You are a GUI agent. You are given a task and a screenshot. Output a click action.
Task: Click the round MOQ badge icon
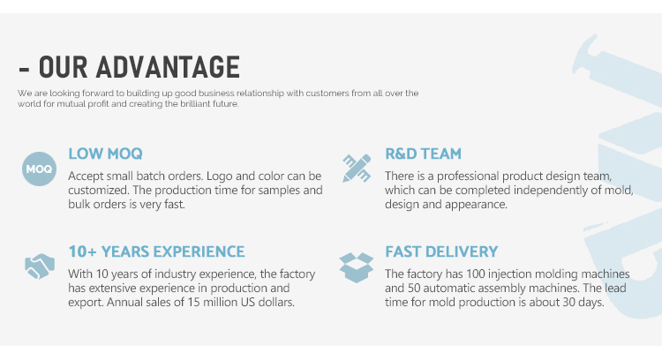click(39, 169)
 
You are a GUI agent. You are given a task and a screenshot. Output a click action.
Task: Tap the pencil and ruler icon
click(357, 168)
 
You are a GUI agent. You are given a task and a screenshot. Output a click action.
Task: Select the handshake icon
click(40, 266)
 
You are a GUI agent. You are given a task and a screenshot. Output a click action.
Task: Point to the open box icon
click(357, 267)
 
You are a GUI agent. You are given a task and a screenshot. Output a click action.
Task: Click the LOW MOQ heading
click(106, 154)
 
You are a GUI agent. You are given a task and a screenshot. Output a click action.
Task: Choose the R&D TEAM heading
click(423, 154)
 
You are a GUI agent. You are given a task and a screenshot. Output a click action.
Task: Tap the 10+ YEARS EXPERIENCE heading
click(156, 251)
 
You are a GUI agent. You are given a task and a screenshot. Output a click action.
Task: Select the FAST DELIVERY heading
click(441, 251)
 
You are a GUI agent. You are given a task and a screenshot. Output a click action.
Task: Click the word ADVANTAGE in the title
click(168, 67)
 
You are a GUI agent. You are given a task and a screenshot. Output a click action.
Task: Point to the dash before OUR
click(24, 70)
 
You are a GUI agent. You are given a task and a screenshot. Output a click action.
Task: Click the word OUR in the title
click(64, 67)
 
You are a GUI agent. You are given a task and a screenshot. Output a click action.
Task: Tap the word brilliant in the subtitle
click(195, 104)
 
